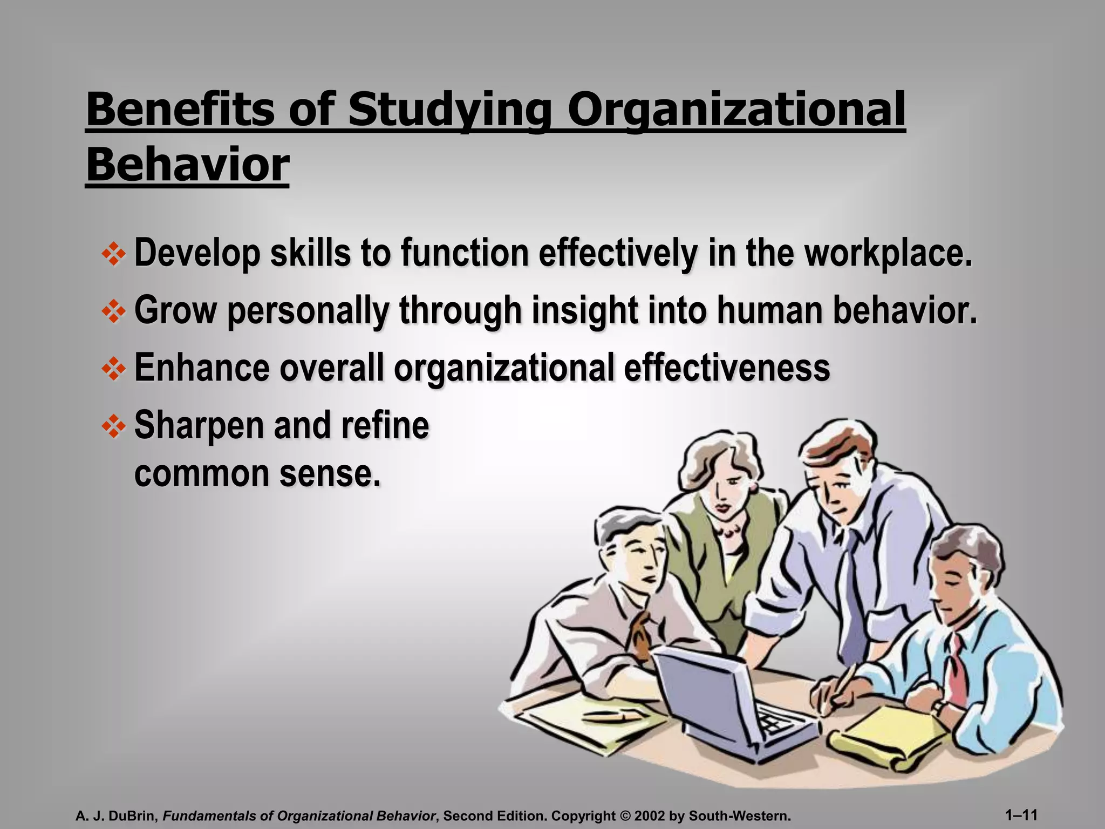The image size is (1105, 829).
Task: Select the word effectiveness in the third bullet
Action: (727, 368)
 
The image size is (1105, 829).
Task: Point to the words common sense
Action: (257, 473)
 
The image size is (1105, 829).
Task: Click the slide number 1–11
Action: (1022, 814)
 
